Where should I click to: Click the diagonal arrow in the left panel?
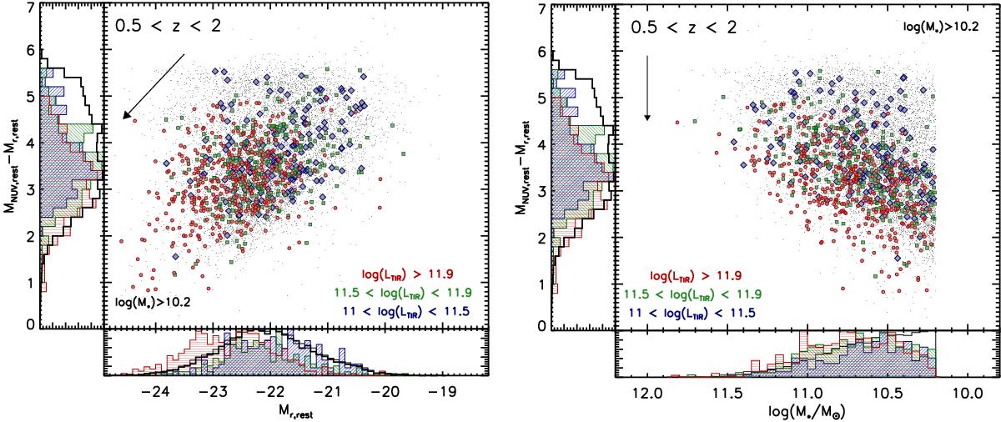(153, 87)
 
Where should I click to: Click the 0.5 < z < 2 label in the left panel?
(168, 28)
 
